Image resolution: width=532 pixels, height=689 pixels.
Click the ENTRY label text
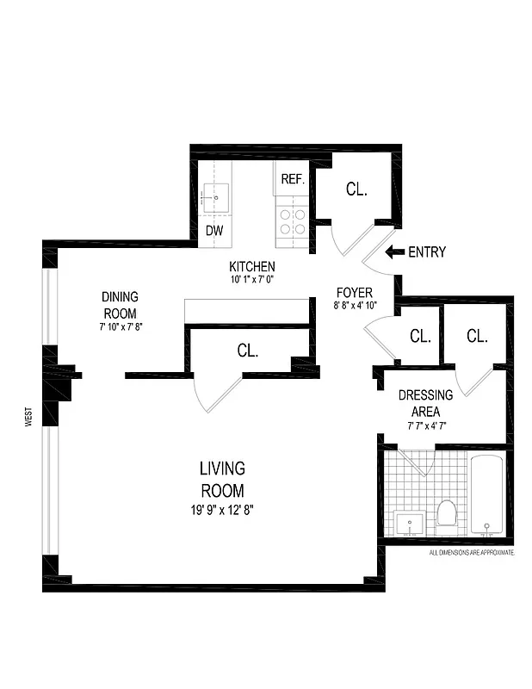pos(427,252)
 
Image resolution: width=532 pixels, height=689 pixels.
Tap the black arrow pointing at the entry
pos(394,252)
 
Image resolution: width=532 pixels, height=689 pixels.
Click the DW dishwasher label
pos(214,230)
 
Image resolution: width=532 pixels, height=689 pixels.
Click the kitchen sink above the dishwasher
pos(215,198)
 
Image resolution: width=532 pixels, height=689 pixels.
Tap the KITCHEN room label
pos(251,267)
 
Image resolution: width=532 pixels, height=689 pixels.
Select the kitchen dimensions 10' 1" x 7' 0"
pos(251,280)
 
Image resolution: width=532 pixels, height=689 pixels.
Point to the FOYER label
pos(354,293)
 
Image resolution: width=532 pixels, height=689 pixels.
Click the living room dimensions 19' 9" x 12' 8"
pos(222,509)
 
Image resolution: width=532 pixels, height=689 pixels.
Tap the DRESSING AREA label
pos(425,403)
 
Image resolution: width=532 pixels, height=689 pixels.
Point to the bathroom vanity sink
pos(409,522)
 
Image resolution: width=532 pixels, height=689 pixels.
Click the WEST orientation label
pos(28,419)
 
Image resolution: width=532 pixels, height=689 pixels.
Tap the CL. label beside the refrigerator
pos(356,189)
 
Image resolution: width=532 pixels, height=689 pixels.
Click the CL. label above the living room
pos(248,351)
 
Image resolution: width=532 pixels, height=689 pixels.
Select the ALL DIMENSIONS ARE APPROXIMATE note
pos(471,552)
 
